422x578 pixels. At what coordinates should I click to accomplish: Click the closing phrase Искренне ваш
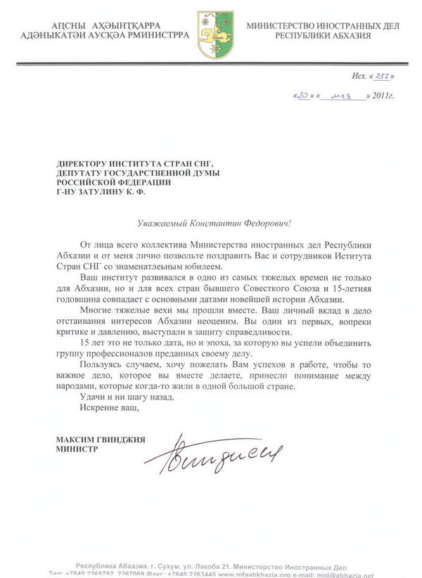[105, 408]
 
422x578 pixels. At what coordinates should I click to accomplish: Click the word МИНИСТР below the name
[79, 447]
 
